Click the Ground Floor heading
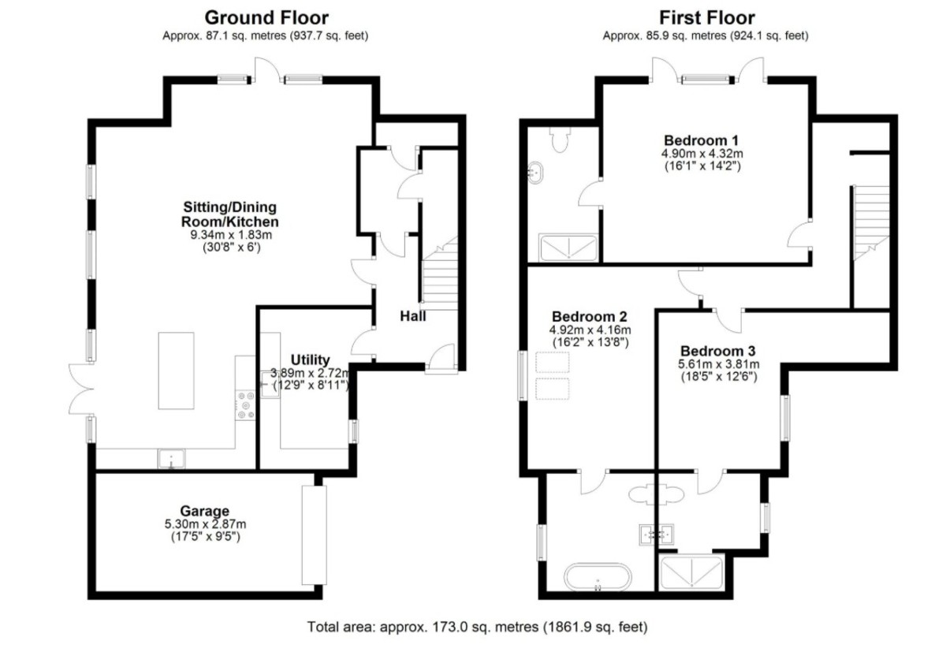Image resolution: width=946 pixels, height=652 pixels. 266,18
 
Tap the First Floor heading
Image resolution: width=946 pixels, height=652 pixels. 707,18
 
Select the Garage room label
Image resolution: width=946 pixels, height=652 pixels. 205,511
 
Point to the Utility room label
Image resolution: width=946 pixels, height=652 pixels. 311,360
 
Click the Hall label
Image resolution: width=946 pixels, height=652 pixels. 413,316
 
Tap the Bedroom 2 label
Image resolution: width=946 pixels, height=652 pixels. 590,316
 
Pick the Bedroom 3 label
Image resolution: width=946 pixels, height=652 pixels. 718,351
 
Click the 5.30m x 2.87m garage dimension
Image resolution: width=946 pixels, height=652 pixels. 205,524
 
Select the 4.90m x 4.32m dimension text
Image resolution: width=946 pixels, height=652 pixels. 702,153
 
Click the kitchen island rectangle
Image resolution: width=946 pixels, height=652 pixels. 176,371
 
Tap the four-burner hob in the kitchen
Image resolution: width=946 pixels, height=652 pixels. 246,405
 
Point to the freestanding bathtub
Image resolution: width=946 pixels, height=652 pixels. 598,577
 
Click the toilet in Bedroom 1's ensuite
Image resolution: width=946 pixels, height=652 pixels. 561,139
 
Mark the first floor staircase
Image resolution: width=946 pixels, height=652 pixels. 871,223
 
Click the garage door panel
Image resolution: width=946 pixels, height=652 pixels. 315,535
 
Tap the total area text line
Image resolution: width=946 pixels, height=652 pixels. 477,627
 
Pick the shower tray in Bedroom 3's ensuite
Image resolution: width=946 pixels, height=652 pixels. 692,573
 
